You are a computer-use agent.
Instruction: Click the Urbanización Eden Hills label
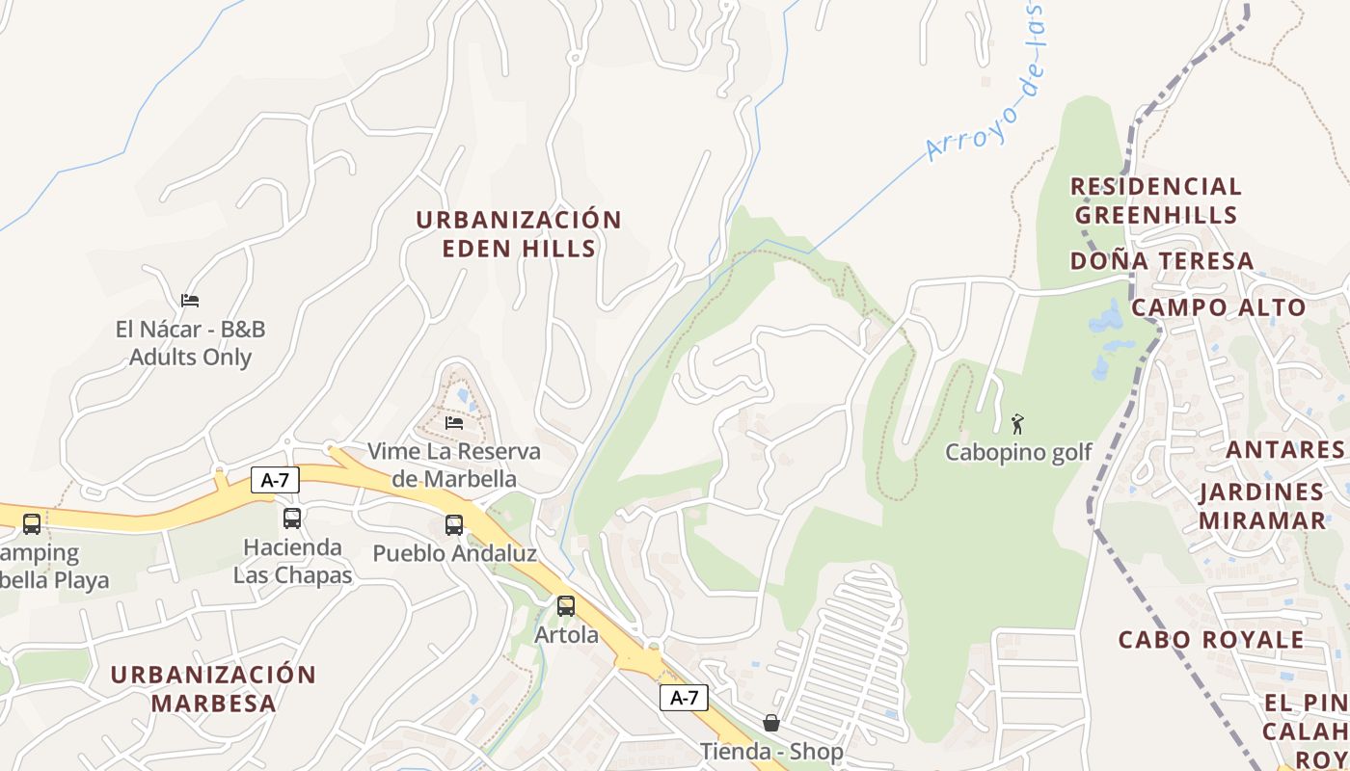point(519,234)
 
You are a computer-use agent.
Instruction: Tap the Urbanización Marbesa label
point(213,688)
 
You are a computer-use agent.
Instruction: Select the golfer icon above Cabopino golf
point(1017,423)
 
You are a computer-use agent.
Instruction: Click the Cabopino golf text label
point(1018,452)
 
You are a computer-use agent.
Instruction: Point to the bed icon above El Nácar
point(190,301)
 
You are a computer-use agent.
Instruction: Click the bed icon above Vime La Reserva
point(454,422)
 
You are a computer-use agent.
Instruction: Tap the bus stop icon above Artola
point(566,606)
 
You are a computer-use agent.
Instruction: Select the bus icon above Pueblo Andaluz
point(454,525)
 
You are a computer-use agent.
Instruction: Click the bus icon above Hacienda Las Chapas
point(292,518)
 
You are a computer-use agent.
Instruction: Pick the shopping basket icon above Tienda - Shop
point(771,722)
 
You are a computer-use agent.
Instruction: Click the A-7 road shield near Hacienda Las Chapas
point(276,479)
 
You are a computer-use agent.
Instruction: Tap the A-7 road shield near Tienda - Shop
point(684,698)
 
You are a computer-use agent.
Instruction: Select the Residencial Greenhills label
point(1155,199)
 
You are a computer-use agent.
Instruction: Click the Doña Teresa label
point(1162,261)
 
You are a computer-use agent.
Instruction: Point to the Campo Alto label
point(1218,308)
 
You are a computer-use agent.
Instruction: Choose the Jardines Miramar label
point(1261,506)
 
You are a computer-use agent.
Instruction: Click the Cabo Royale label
point(1211,640)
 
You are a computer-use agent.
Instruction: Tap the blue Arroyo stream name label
point(988,87)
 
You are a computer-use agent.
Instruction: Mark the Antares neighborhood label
point(1284,450)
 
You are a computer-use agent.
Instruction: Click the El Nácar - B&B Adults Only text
point(190,343)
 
